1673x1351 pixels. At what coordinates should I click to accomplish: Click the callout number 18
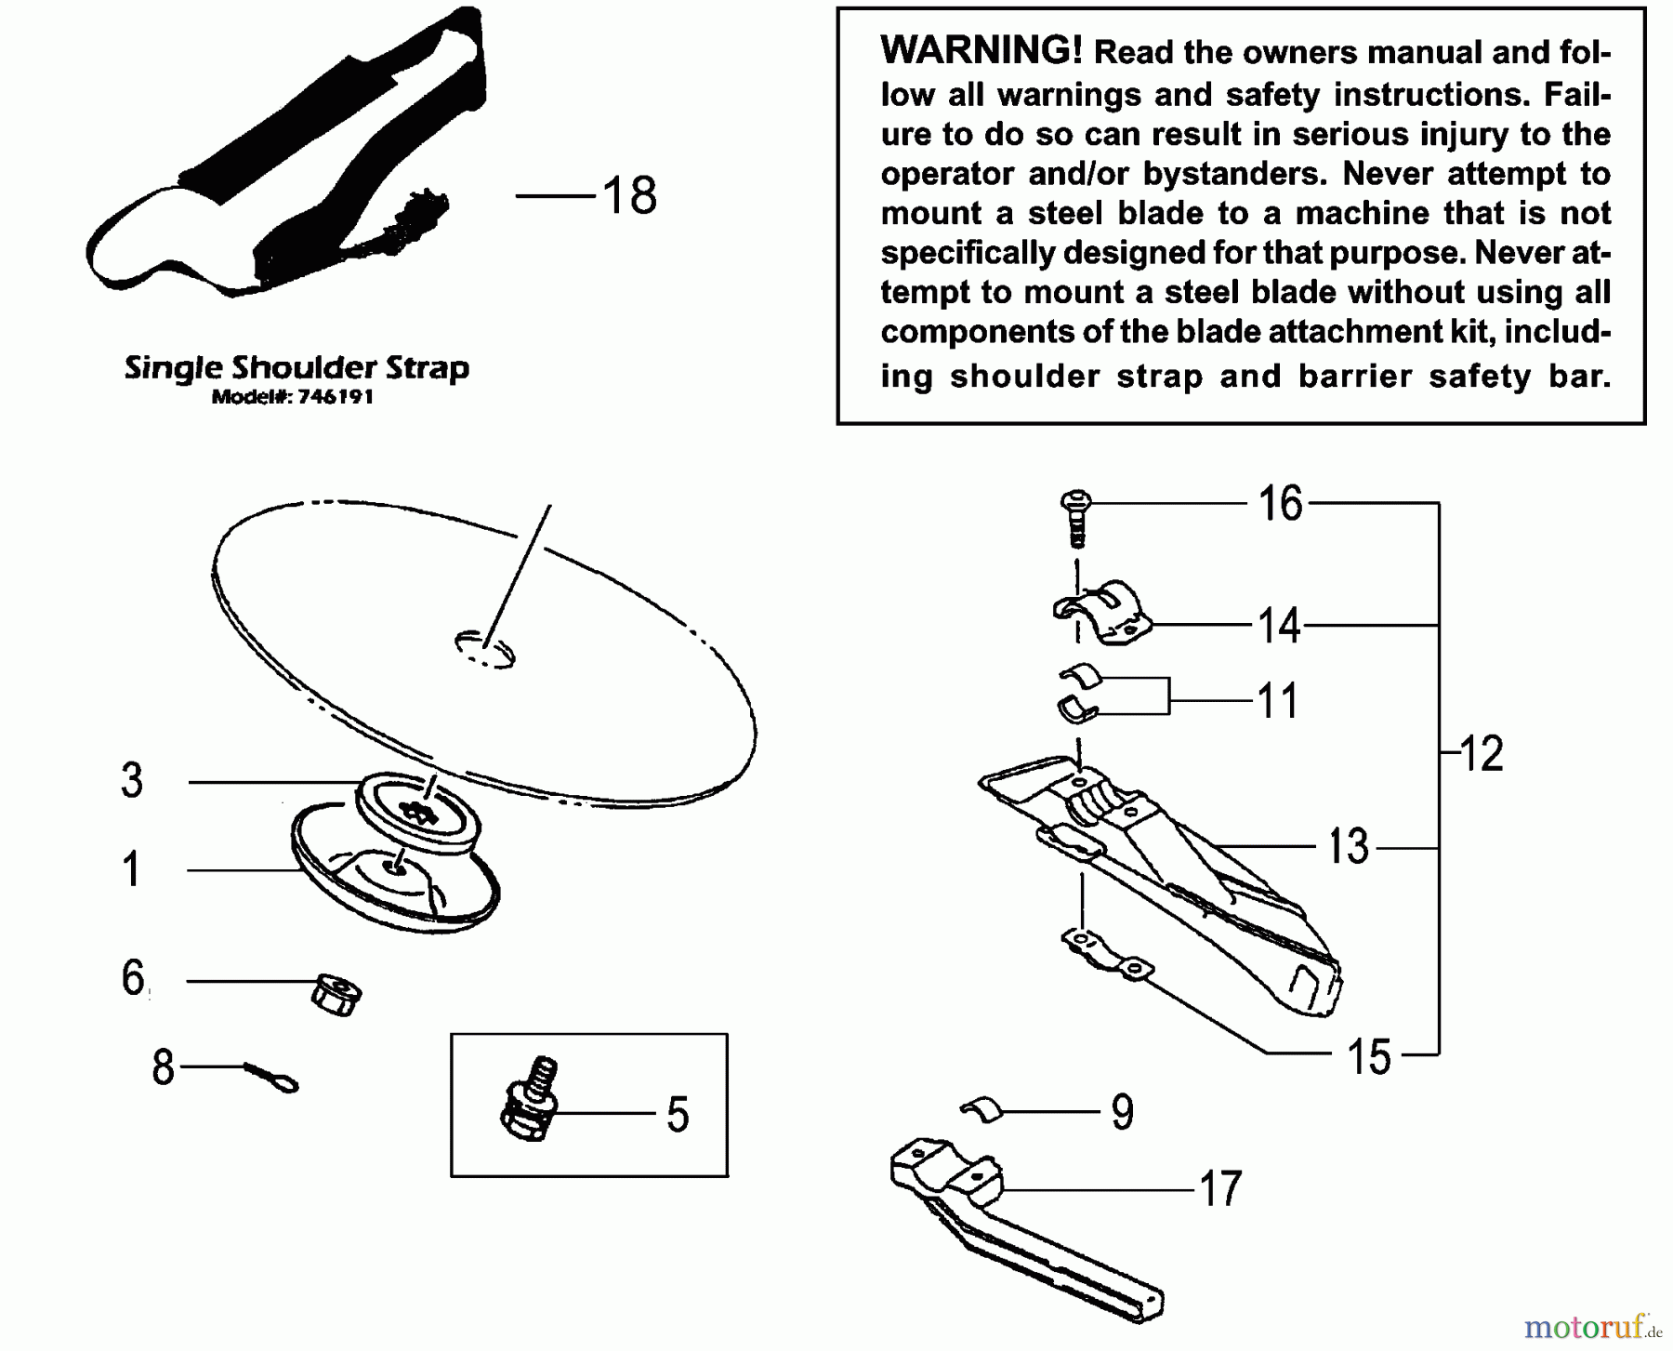click(629, 196)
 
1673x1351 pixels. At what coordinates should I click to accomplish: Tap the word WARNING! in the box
click(981, 50)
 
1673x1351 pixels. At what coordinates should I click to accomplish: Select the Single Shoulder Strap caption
click(296, 368)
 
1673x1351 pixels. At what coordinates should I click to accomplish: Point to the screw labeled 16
click(1075, 517)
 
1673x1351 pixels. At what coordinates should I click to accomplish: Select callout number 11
click(1277, 700)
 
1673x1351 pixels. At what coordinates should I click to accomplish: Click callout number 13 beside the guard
click(1348, 847)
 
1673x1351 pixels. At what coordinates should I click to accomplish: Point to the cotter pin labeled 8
click(272, 1078)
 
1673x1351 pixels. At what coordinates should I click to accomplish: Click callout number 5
click(678, 1114)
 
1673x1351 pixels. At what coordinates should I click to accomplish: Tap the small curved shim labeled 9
click(982, 1109)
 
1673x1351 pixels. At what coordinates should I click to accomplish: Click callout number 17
click(1220, 1188)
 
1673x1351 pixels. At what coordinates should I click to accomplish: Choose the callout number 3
click(132, 781)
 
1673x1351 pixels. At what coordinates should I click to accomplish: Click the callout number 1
click(132, 870)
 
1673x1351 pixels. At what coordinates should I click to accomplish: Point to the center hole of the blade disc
click(484, 648)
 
